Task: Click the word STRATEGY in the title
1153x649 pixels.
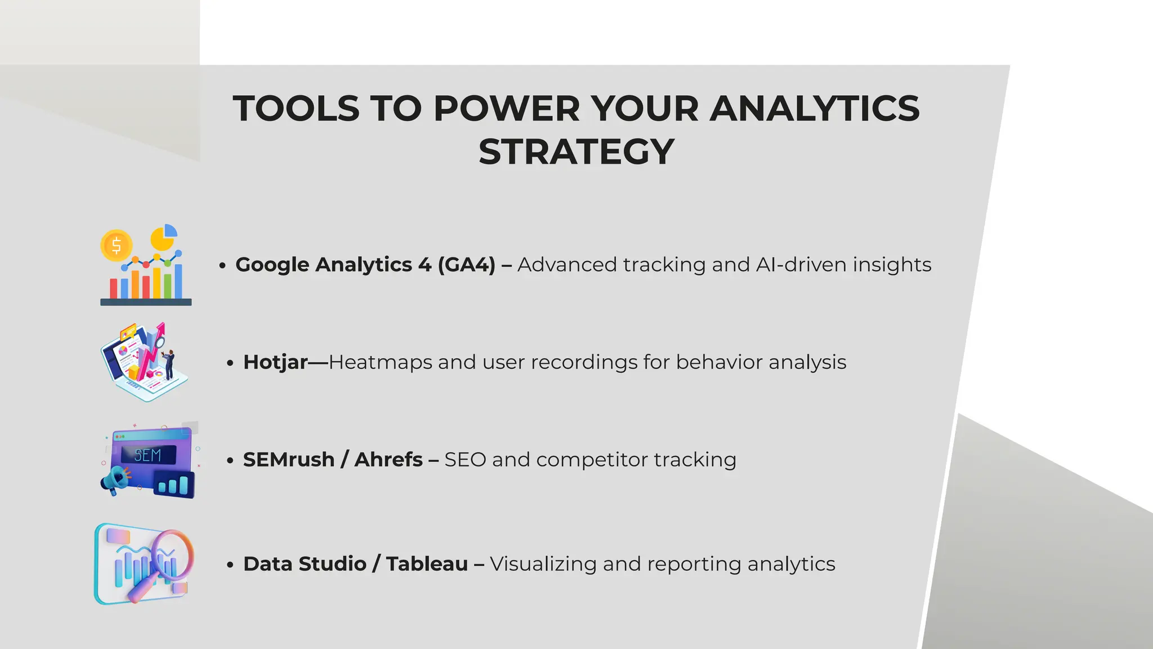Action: pyautogui.click(x=576, y=152)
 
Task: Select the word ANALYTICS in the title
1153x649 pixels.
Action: pyautogui.click(x=814, y=108)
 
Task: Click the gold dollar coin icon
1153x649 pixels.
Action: pyautogui.click(x=116, y=246)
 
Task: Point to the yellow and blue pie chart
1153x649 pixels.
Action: pyautogui.click(x=164, y=237)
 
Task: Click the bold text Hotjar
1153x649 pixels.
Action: pyautogui.click(x=275, y=362)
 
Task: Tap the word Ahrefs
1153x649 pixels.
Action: pyautogui.click(x=388, y=460)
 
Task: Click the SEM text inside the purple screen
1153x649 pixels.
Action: pyautogui.click(x=148, y=455)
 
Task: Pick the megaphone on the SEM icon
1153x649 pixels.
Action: pyautogui.click(x=115, y=481)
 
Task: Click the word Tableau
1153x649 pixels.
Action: pyautogui.click(x=427, y=564)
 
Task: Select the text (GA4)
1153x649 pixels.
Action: pyautogui.click(x=466, y=265)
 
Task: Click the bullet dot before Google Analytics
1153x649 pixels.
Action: pyautogui.click(x=222, y=265)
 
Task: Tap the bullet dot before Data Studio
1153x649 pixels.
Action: pyautogui.click(x=230, y=564)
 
